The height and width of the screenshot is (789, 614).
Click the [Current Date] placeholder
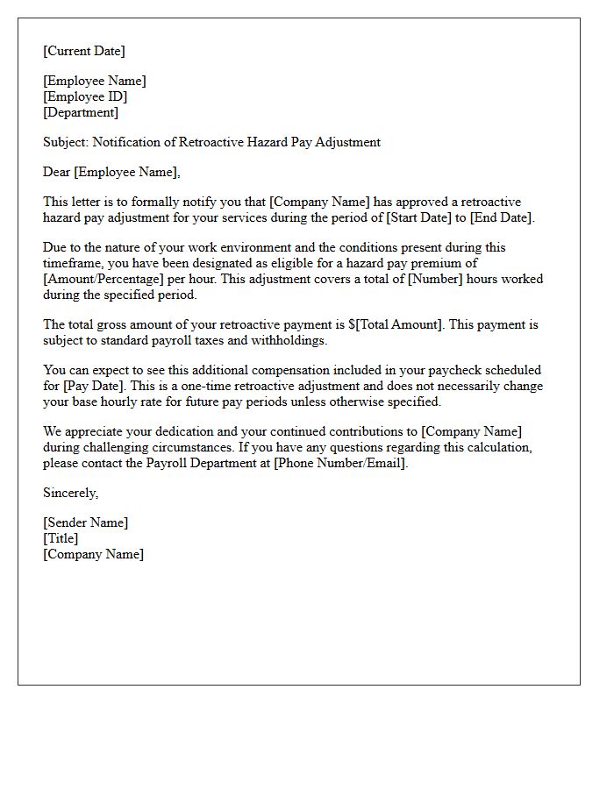pos(84,51)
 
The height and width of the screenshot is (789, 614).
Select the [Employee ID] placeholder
pos(85,96)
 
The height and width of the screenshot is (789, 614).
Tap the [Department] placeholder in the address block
pos(81,112)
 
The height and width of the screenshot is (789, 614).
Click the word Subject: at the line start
pos(66,142)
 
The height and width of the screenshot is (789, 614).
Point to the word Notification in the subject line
pos(127,142)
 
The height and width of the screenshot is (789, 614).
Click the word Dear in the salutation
pos(57,172)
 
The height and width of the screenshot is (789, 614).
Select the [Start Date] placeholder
pos(414,217)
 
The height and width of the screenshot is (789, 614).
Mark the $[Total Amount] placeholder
pos(397,324)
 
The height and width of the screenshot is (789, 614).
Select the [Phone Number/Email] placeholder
pos(340,463)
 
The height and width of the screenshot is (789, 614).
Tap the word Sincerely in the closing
pos(70,493)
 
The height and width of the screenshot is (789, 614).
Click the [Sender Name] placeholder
pos(85,522)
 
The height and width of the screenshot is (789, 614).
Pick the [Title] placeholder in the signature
pos(61,538)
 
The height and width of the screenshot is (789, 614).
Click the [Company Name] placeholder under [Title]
pos(93,554)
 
